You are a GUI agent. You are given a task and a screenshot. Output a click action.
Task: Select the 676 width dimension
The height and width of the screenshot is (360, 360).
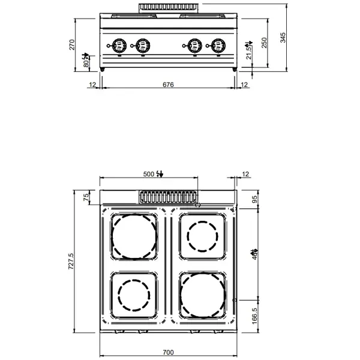pos(168,85)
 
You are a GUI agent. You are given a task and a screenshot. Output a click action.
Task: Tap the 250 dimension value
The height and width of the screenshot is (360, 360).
pos(265,44)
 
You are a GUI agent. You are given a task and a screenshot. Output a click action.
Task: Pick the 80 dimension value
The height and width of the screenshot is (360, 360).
pos(86,61)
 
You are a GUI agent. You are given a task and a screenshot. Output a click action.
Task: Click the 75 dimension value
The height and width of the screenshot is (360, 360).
pos(86,197)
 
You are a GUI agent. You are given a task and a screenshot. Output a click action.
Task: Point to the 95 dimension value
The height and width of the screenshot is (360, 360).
pos(254,199)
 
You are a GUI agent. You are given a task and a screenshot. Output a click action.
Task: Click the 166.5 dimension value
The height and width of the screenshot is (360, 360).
pos(254,315)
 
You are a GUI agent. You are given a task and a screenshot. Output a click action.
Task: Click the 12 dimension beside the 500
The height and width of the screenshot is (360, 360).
pos(245,174)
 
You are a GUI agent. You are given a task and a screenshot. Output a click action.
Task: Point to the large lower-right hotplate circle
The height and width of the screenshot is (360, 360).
pos(203,295)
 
